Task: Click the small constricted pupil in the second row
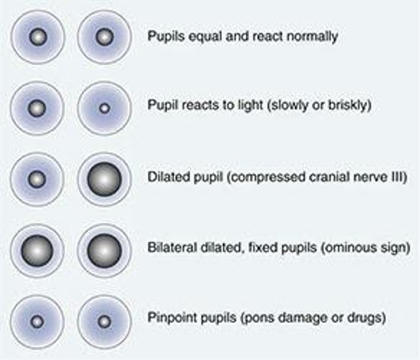click(104, 108)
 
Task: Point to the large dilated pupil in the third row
click(104, 179)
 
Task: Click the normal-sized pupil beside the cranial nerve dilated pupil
click(37, 179)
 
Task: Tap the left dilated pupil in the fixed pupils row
click(37, 250)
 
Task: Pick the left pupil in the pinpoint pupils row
click(37, 322)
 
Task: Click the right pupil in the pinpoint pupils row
click(104, 322)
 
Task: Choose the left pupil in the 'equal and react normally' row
click(38, 37)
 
